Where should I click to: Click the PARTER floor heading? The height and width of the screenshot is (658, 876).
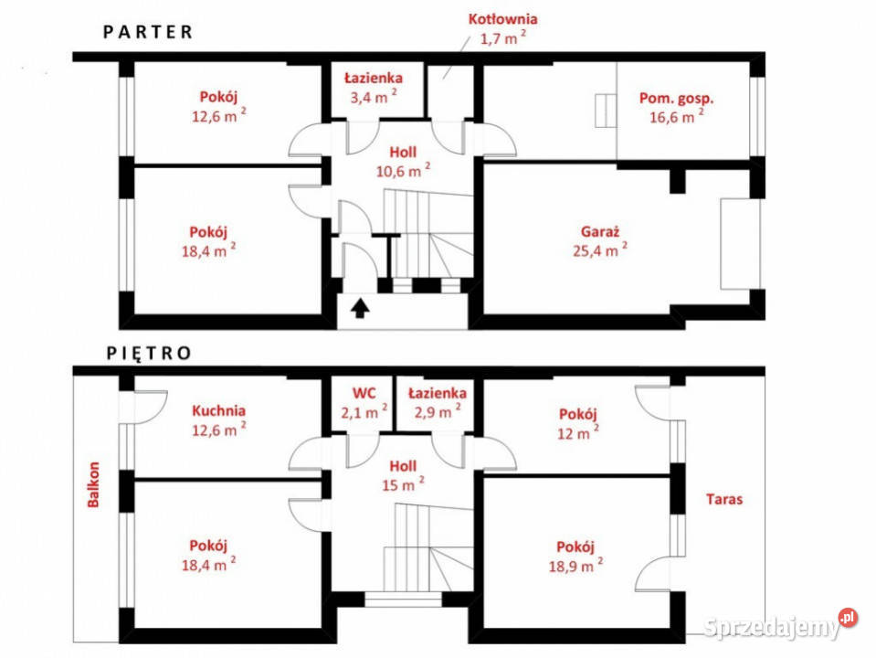pos(148,32)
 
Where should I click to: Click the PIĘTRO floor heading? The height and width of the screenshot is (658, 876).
pos(149,354)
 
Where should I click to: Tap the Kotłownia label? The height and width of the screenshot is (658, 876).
pos(502,19)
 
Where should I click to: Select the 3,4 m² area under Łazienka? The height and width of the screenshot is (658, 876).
pos(374,97)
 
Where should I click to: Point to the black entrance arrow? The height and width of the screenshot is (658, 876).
pos(360,308)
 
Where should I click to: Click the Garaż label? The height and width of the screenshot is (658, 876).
pos(600,231)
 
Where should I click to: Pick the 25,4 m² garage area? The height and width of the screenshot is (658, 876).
pos(600,249)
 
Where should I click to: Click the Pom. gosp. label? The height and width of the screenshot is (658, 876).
pos(677,99)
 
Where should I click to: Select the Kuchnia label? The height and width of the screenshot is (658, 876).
pos(218,410)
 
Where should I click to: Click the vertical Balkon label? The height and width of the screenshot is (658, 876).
pos(93,484)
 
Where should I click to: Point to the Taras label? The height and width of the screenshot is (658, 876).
pos(724,499)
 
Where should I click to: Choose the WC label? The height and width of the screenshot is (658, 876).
pos(364,393)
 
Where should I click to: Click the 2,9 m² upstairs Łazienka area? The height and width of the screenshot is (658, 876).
pos(438,412)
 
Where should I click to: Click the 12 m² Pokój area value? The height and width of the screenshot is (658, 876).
pos(578,432)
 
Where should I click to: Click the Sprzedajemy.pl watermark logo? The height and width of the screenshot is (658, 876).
pos(780,624)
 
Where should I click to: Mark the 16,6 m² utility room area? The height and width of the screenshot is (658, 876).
pos(677,117)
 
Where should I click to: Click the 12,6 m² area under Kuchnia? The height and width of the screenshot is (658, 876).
pos(219,430)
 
